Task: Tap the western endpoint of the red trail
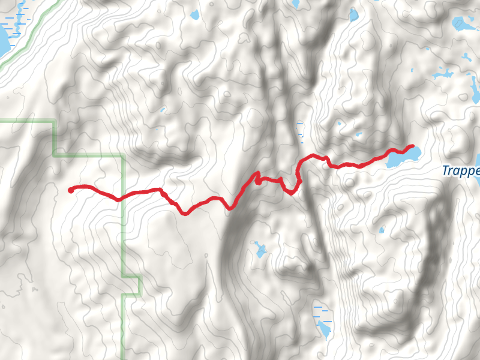(x=71, y=191)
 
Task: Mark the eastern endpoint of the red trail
(x=412, y=146)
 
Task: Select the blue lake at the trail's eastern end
(x=401, y=157)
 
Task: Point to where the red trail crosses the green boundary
(x=123, y=196)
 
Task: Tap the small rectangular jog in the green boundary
(x=131, y=286)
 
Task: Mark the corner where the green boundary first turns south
(x=55, y=122)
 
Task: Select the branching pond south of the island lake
(x=443, y=74)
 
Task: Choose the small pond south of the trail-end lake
(x=382, y=229)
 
